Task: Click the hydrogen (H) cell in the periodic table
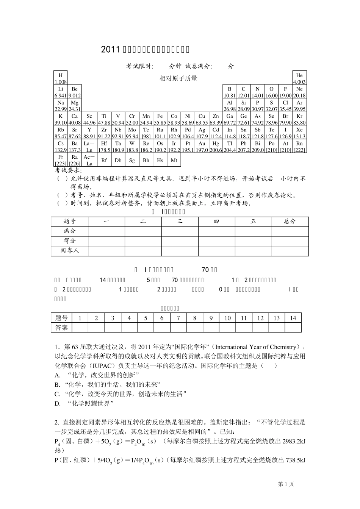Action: coord(61,78)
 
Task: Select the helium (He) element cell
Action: coord(299,78)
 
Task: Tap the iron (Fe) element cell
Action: coord(160,119)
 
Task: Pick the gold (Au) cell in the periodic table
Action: coord(202,146)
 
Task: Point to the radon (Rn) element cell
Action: coord(299,146)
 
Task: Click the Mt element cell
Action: coord(174,160)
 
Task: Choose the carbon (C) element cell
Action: coord(243,92)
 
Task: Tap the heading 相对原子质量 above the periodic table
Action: coord(178,79)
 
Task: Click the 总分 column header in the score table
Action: coord(290,222)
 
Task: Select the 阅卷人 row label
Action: coord(70,251)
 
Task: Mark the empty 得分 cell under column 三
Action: coord(180,241)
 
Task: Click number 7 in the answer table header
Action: coord(178,318)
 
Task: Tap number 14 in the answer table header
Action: coord(293,318)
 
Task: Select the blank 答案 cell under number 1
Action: coord(80,328)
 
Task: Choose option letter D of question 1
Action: coord(58,404)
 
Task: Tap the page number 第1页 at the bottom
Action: coord(286,484)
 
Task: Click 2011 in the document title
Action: coord(110,50)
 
